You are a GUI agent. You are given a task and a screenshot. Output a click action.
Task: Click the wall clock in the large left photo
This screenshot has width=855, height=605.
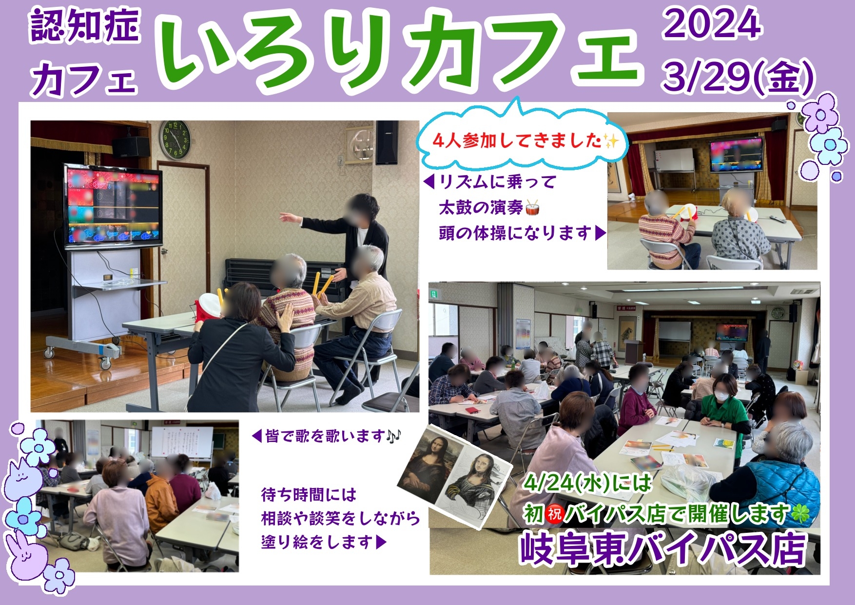point(175,139)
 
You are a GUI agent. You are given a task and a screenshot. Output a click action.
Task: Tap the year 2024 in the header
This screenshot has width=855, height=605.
point(712,24)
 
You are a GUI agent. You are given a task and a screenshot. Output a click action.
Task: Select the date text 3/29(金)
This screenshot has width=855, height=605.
point(738,76)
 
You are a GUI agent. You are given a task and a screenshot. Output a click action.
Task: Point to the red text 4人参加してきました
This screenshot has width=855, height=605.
point(517,141)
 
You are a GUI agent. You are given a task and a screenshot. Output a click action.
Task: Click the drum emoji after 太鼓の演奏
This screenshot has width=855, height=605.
point(532,208)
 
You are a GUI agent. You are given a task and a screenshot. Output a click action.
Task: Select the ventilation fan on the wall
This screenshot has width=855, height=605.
point(360,145)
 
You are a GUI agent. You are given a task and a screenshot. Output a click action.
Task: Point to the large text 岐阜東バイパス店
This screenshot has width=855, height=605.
point(663,548)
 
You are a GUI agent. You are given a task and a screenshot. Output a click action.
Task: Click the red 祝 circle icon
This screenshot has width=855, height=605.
point(554,514)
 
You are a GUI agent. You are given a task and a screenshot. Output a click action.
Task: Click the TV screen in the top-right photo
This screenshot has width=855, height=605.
point(736,156)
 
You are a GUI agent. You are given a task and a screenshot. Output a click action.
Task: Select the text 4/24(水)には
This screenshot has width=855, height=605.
point(587,483)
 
